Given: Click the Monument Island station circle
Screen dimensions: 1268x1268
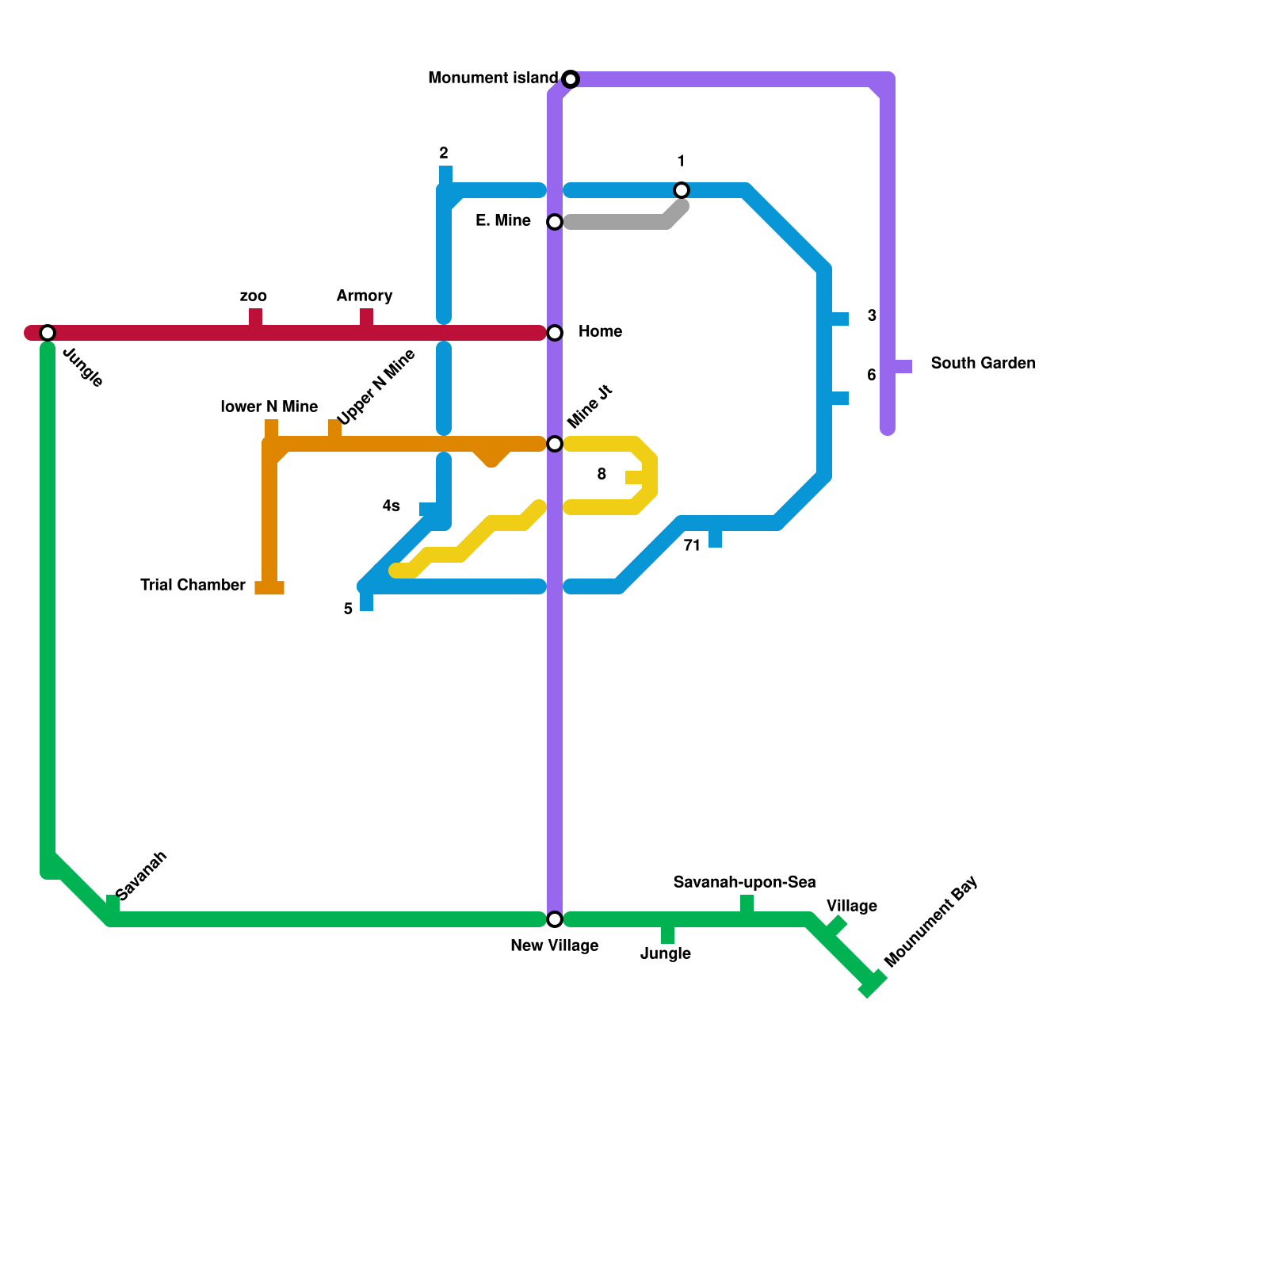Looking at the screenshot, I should [571, 79].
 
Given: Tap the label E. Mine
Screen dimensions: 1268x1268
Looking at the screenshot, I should [503, 221].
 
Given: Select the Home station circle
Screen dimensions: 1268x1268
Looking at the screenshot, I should [555, 333].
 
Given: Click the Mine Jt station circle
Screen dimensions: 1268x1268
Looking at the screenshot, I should [555, 444].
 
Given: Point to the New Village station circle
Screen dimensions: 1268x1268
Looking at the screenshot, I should [555, 919].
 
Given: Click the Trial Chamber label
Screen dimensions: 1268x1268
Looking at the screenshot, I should [193, 586].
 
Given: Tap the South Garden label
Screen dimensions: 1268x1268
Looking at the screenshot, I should [983, 364].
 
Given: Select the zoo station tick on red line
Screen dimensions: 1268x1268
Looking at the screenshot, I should [255, 319].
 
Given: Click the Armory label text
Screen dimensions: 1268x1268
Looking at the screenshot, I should [365, 296].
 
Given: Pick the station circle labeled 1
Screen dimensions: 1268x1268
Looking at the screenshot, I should [682, 190].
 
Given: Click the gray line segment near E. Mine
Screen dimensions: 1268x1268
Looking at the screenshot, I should [618, 223].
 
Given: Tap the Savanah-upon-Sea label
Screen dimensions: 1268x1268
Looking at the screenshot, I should [744, 883].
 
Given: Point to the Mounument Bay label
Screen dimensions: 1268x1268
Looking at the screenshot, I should [931, 922].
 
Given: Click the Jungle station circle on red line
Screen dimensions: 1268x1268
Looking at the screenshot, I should [48, 333].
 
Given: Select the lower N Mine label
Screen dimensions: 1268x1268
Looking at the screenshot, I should [269, 407].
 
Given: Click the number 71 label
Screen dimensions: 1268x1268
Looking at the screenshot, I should [692, 546].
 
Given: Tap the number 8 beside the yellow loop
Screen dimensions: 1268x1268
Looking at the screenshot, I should [602, 475].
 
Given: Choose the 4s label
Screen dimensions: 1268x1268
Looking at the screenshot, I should [391, 506].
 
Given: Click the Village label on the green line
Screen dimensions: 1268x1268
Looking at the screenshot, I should [852, 907].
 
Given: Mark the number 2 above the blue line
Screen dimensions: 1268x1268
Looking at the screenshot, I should [444, 154].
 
